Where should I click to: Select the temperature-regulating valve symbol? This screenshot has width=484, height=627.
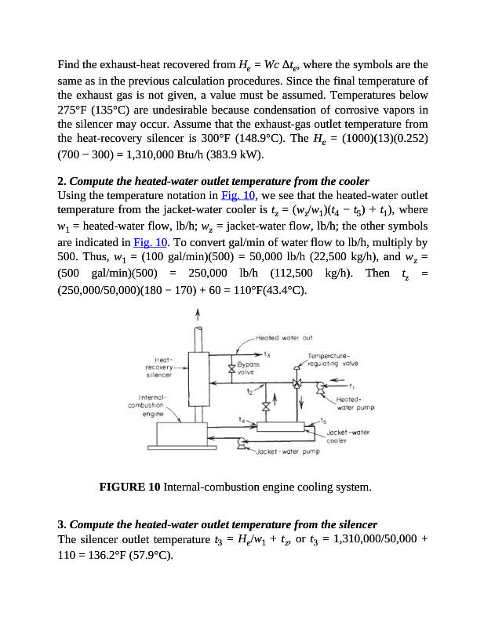(x=297, y=384)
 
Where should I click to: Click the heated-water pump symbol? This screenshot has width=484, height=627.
(x=319, y=386)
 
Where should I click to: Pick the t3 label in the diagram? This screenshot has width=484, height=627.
(x=267, y=354)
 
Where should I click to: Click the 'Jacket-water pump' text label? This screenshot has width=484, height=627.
(x=289, y=451)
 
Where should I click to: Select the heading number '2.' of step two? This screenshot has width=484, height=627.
(x=62, y=181)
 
